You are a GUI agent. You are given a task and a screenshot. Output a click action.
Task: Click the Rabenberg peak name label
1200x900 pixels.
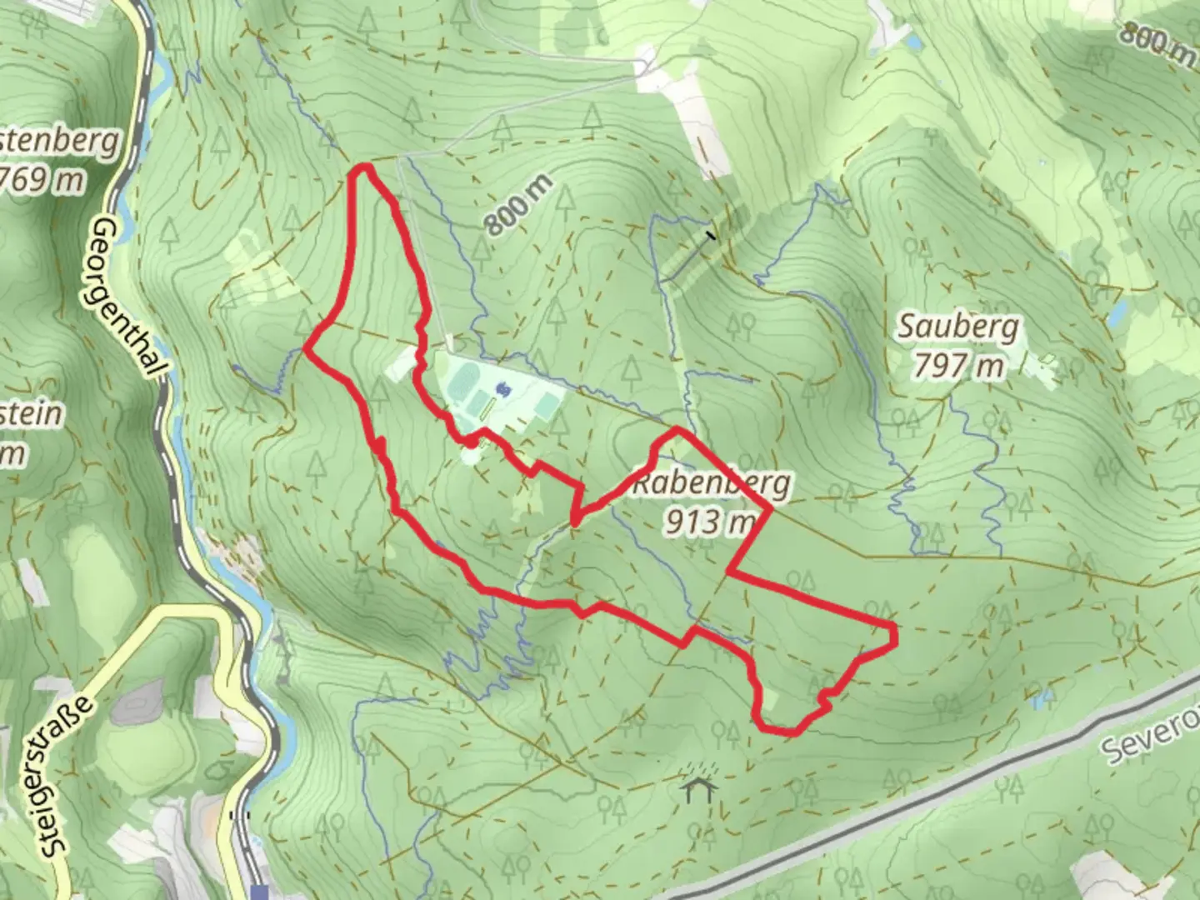(712, 484)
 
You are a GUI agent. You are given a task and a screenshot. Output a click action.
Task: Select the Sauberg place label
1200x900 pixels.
(957, 327)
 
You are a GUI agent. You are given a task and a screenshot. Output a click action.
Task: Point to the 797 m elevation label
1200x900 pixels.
(957, 365)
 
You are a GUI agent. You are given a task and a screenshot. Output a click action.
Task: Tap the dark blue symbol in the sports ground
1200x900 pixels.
(502, 388)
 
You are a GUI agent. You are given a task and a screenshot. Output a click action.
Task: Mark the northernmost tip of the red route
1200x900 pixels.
(363, 168)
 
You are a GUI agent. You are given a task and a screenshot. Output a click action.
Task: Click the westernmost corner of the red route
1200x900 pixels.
(307, 350)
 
